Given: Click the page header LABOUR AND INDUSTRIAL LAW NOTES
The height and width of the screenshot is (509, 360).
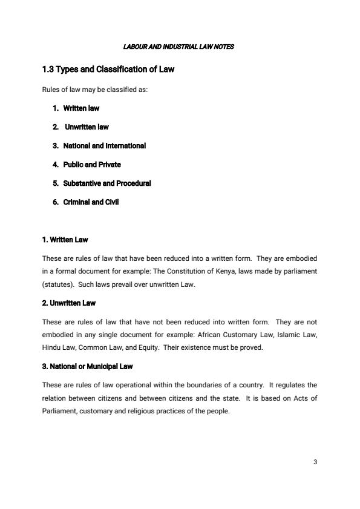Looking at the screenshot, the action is [178, 47].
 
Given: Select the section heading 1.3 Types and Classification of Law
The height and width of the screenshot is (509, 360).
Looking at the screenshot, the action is [108, 69].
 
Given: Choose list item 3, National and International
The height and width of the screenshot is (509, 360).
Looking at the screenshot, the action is [104, 146].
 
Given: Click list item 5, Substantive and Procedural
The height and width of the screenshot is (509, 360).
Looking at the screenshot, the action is [106, 183].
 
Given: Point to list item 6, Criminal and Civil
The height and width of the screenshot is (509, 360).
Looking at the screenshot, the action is [91, 202].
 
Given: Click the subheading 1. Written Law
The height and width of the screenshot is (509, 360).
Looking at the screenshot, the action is [65, 240].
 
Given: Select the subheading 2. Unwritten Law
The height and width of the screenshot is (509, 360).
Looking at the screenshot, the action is [68, 303].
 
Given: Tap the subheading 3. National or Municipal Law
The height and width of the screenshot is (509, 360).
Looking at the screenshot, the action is [87, 366].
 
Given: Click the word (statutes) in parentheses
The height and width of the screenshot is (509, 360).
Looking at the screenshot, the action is [58, 284].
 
